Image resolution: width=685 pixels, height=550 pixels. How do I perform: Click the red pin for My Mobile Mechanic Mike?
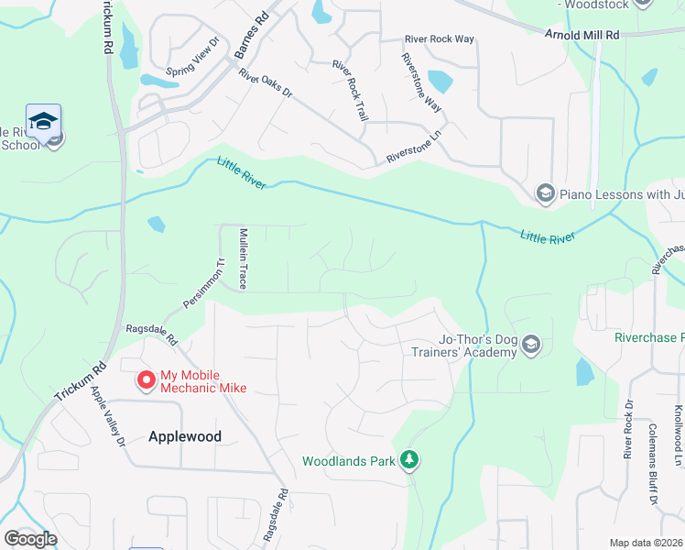(x=146, y=379)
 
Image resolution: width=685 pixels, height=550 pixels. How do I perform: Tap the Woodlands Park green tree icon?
(x=411, y=460)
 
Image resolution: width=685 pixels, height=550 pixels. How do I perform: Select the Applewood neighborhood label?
(x=185, y=436)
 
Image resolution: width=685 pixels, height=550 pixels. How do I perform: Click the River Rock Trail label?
(x=351, y=92)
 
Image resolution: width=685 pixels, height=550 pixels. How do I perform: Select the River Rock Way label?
(x=440, y=39)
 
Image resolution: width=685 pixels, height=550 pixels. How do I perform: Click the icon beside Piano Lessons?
(x=545, y=192)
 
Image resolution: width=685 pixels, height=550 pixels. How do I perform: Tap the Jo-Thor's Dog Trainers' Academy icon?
(x=532, y=345)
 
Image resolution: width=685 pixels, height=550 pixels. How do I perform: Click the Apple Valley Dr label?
(x=108, y=416)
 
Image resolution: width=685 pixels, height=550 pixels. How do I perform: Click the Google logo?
(x=30, y=539)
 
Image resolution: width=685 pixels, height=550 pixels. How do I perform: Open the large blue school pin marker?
(x=43, y=123)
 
